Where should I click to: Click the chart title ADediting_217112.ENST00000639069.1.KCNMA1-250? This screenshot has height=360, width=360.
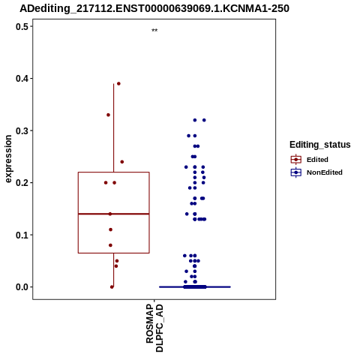coord(154,8)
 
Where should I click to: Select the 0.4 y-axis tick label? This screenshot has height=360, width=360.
coord(21,79)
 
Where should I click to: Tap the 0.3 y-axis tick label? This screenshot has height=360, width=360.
coord(21,130)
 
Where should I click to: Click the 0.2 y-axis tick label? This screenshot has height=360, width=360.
coord(21,183)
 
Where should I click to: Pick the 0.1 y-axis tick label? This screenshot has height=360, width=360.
coord(21,235)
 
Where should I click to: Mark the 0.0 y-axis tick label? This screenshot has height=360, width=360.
coord(21,287)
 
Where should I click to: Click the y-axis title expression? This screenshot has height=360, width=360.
coord(8,159)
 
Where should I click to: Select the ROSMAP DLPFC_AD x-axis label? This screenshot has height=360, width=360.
coord(154,328)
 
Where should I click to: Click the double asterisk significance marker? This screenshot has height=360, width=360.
coord(154,31)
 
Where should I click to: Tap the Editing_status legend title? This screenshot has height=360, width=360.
coord(320,145)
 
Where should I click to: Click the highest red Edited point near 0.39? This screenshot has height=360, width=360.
coord(118,84)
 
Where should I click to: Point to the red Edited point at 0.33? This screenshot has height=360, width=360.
coord(108,115)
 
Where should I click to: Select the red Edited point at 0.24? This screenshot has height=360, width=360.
coord(122,162)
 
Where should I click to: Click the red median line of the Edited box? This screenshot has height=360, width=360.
coord(114,214)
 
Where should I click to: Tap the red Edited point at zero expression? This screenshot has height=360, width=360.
coord(112,287)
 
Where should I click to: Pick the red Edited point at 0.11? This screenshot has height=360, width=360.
coord(111,229)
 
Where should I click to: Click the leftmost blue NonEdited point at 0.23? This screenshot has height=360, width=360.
coord(186,167)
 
